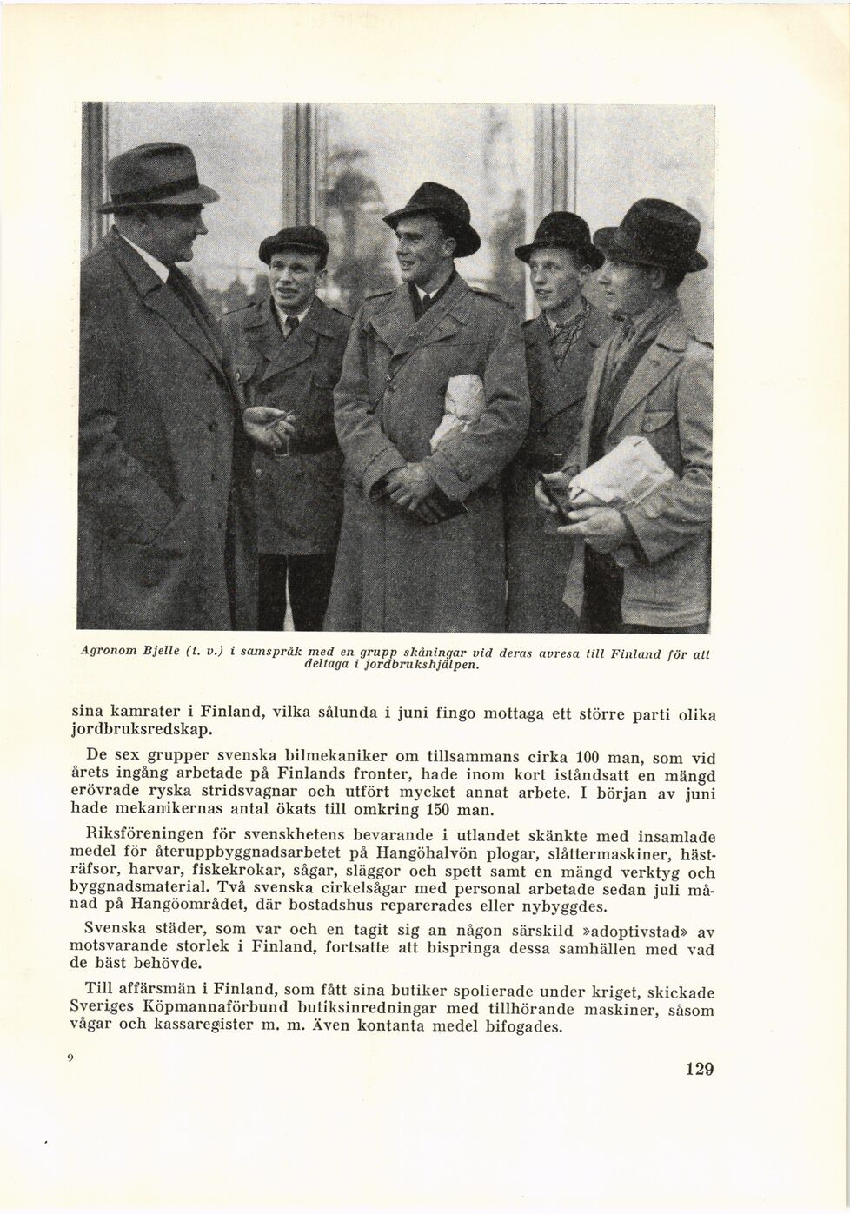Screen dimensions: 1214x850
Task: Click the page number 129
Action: [x=698, y=1069]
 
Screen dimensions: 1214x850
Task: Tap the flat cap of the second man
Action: [x=294, y=242]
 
